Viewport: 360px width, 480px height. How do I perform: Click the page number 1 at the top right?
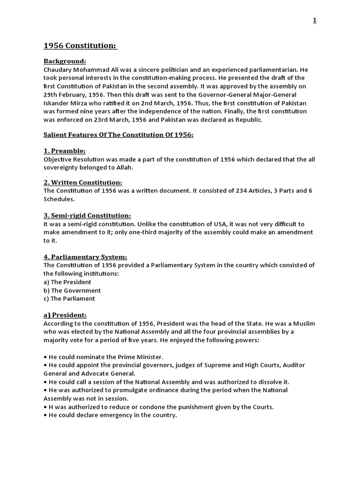pyautogui.click(x=315, y=20)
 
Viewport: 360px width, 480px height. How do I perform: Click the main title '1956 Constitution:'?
pyautogui.click(x=80, y=46)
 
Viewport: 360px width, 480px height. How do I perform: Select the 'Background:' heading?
pyautogui.click(x=65, y=61)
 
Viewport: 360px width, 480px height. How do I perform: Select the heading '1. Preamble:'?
pyautogui.click(x=65, y=151)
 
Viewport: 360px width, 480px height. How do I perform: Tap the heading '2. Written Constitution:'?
pyautogui.click(x=83, y=182)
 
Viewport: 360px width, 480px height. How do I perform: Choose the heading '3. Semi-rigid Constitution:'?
pyautogui.click(x=87, y=215)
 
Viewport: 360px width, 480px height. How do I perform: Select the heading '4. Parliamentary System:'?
pyautogui.click(x=85, y=257)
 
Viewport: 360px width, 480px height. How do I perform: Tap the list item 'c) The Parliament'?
pyautogui.click(x=69, y=299)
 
